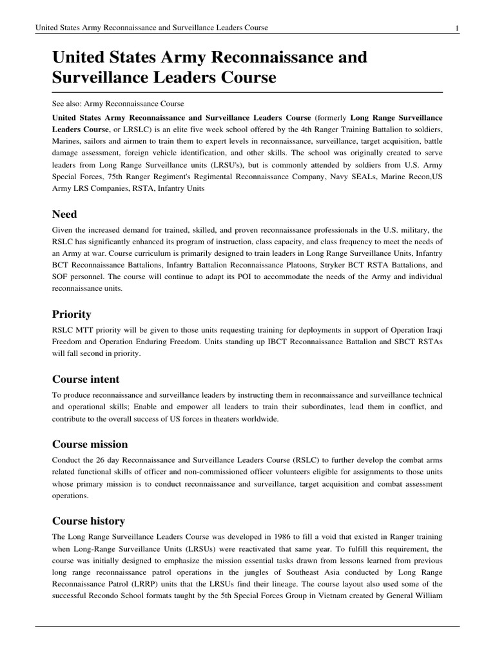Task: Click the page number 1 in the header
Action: (x=456, y=28)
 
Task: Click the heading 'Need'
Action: (x=64, y=213)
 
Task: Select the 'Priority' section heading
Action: (x=72, y=314)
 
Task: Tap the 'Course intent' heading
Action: (x=85, y=379)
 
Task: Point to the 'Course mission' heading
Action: (x=90, y=444)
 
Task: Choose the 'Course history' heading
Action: (x=88, y=520)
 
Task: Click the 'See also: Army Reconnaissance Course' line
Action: (x=118, y=103)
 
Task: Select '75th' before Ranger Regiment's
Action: (x=111, y=175)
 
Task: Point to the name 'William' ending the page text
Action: (x=427, y=595)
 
